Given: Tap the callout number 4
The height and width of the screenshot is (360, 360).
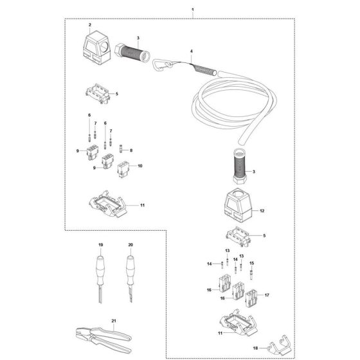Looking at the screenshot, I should [x=191, y=50].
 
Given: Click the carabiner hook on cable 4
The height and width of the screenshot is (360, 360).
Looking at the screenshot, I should [x=161, y=65].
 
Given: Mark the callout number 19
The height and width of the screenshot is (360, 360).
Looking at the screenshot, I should [x=100, y=246].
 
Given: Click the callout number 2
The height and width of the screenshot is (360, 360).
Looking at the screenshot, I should [x=91, y=24].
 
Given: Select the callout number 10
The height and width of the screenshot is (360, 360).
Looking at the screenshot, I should [x=140, y=166].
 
